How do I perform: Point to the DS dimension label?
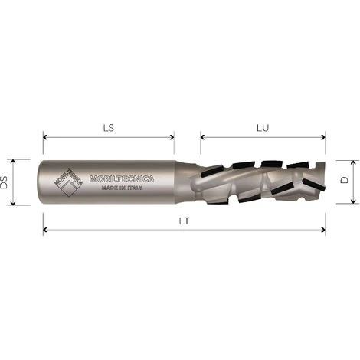click(6, 182)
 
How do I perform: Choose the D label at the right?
click(345, 182)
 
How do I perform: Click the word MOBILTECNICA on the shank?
click(123, 178)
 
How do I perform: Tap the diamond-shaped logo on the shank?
click(69, 182)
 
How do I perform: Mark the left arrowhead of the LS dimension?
click(45, 139)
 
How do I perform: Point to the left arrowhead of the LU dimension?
click(203, 139)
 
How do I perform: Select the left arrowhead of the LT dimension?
click(45, 229)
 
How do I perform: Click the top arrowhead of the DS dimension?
click(14, 162)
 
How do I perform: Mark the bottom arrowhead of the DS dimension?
click(14, 203)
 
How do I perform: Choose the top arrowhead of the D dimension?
click(353, 163)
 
